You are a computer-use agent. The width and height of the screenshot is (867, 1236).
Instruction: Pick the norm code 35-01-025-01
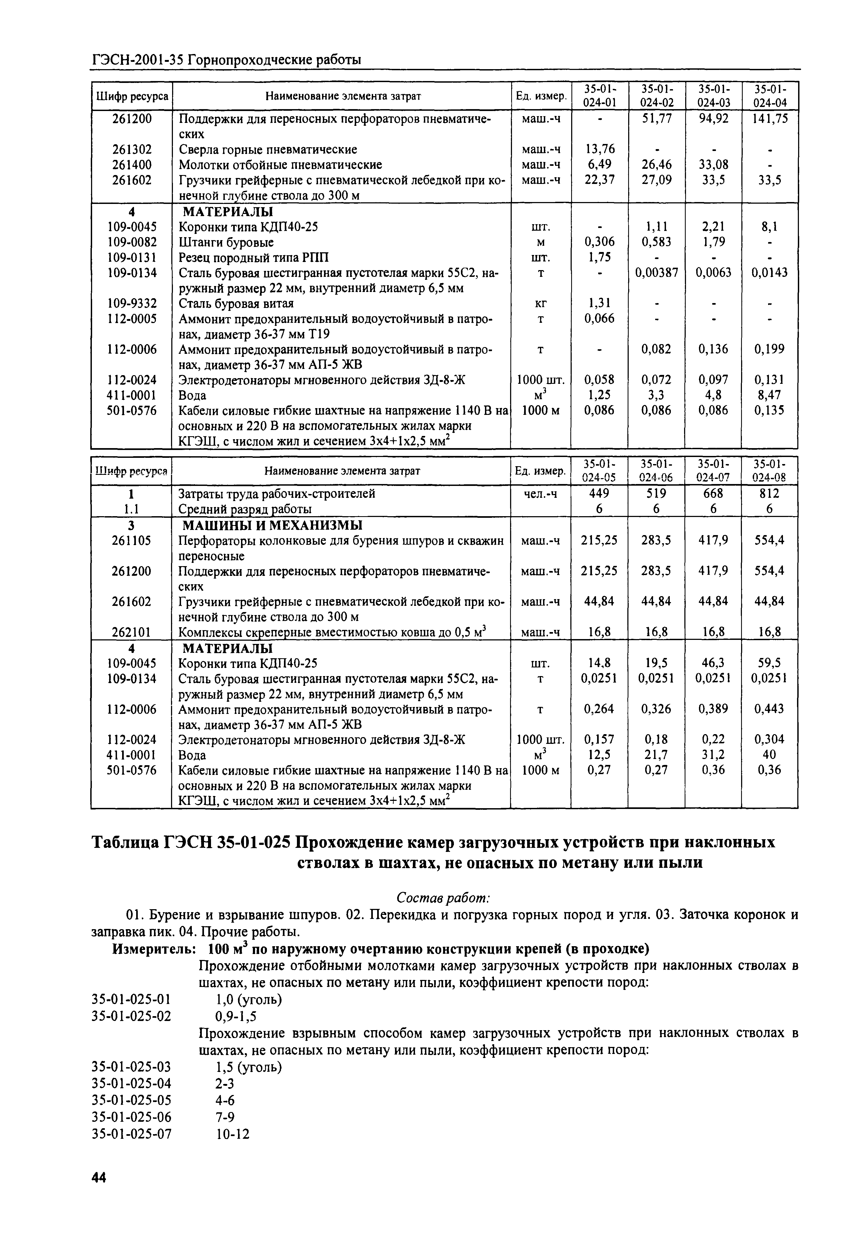(132, 1000)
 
